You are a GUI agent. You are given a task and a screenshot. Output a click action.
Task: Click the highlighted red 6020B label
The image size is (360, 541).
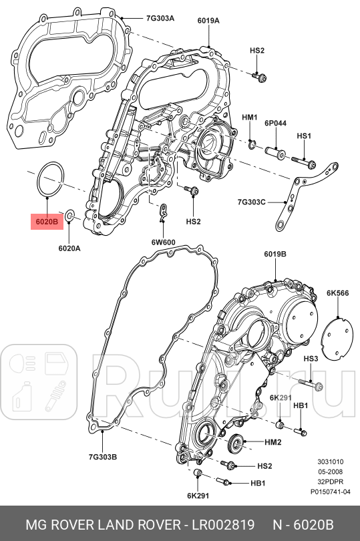coord(47,220)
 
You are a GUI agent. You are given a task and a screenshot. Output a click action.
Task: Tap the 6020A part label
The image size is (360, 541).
coord(69,248)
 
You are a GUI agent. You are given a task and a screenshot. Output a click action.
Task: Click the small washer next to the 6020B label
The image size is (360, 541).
coord(71,219)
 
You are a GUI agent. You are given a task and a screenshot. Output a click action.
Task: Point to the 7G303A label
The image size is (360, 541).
coord(160,18)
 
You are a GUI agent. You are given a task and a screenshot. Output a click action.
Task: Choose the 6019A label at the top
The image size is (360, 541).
coord(208,21)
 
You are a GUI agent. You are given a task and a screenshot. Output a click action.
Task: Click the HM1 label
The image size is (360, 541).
coord(250,118)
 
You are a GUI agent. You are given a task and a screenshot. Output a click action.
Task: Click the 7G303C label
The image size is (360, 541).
coord(251,201)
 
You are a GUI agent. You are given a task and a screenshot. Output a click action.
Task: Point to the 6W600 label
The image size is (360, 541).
coord(163,242)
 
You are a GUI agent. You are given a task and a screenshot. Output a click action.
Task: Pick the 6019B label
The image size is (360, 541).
coord(275,254)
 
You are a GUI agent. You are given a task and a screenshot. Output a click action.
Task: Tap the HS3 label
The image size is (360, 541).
coord(311,359)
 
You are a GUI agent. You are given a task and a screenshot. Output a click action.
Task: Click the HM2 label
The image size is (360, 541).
coord(273,442)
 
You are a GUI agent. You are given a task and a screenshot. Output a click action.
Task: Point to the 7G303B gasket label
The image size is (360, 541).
coord(103,457)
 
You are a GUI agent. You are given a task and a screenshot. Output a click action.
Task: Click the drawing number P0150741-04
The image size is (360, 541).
coord(330,491)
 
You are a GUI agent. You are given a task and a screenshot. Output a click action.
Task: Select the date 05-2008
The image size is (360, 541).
coord(330,471)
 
